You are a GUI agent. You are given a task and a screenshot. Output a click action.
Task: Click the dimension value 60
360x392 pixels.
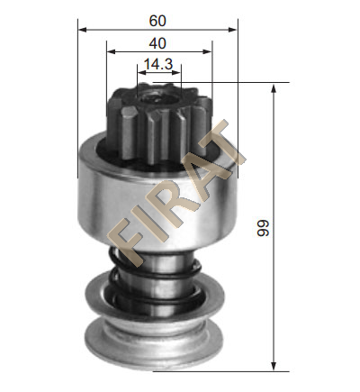tap(157, 21)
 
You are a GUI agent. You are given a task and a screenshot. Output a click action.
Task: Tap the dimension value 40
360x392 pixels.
tap(157, 43)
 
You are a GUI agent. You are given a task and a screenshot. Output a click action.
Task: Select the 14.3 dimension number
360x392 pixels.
tap(158, 64)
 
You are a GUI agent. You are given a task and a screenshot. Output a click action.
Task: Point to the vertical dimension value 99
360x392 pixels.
tap(264, 228)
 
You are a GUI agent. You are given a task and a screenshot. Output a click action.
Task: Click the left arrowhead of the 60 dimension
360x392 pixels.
tap(83, 30)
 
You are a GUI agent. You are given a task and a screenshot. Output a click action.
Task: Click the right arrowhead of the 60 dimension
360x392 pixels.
tap(233, 30)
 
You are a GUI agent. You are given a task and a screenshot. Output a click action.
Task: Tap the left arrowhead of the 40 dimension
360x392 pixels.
tap(112, 51)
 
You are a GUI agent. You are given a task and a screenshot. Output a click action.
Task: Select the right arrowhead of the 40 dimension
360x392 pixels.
tap(208, 51)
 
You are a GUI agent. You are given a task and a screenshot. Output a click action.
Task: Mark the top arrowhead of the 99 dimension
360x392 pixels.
tap(274, 89)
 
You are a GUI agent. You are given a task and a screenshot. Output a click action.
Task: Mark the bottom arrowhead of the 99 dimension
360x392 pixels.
tap(274, 366)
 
